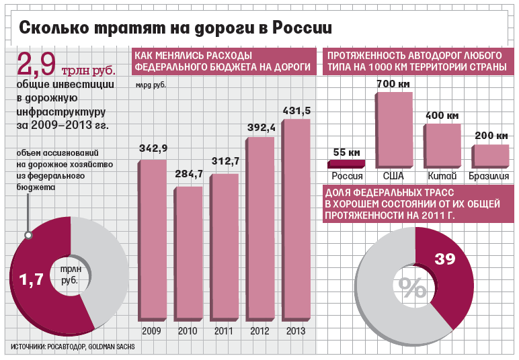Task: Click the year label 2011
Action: pyautogui.click(x=223, y=331)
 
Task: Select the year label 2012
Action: pyautogui.click(x=259, y=331)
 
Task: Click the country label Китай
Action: pyautogui.click(x=442, y=176)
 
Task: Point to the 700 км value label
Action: pyautogui.click(x=393, y=83)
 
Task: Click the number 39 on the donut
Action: pyautogui.click(x=444, y=258)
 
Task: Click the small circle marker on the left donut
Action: pyautogui.click(x=28, y=235)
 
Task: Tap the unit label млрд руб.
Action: pyautogui.click(x=151, y=85)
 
